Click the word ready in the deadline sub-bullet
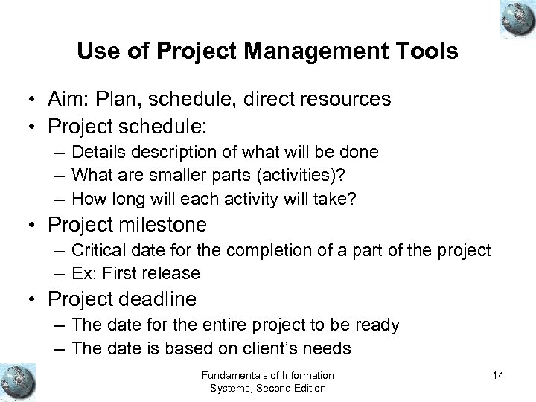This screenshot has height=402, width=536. click(x=379, y=326)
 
